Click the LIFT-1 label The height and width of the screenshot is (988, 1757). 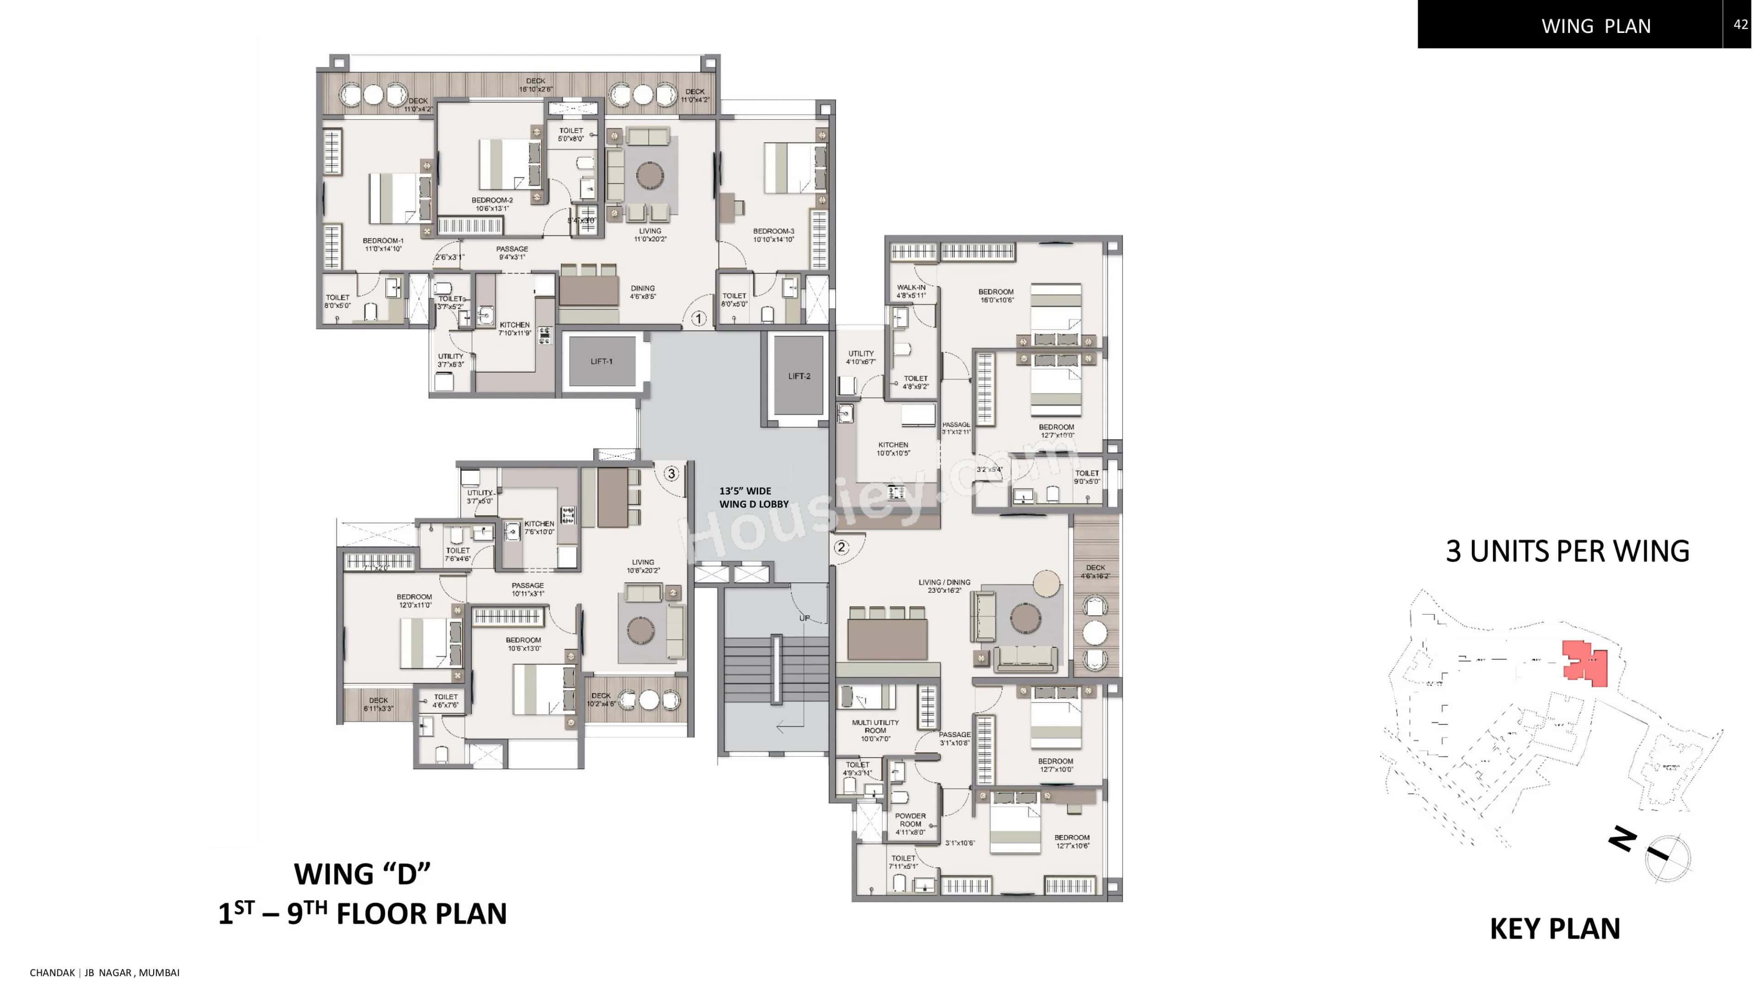(x=601, y=361)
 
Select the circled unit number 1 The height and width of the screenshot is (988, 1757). (x=698, y=318)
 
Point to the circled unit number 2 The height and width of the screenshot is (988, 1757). (x=841, y=547)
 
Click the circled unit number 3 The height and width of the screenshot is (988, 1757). (x=671, y=473)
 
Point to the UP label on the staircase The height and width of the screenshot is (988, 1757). (x=804, y=618)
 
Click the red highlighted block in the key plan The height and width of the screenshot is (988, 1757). (x=1586, y=663)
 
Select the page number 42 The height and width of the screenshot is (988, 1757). (x=1741, y=25)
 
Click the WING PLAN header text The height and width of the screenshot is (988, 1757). (x=1596, y=26)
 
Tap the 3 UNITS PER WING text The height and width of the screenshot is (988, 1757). (x=1568, y=551)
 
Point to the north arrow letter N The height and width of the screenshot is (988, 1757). (x=1622, y=839)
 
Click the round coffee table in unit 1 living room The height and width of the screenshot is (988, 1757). (x=649, y=175)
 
